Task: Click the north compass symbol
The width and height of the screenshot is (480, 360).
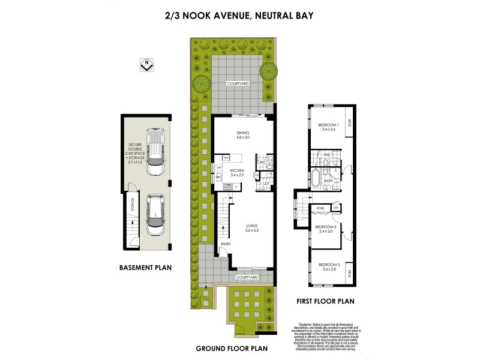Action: coord(145,65)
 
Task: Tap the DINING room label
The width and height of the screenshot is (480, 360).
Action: coord(242,134)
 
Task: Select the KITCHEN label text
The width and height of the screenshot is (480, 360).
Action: coord(238,171)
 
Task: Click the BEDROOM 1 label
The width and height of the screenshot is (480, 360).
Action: coord(329,125)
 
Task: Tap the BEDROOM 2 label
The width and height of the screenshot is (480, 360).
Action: coord(329,265)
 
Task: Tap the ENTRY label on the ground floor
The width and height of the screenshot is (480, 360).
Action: coord(226,244)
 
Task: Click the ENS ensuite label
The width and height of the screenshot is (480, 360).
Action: coord(328,154)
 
